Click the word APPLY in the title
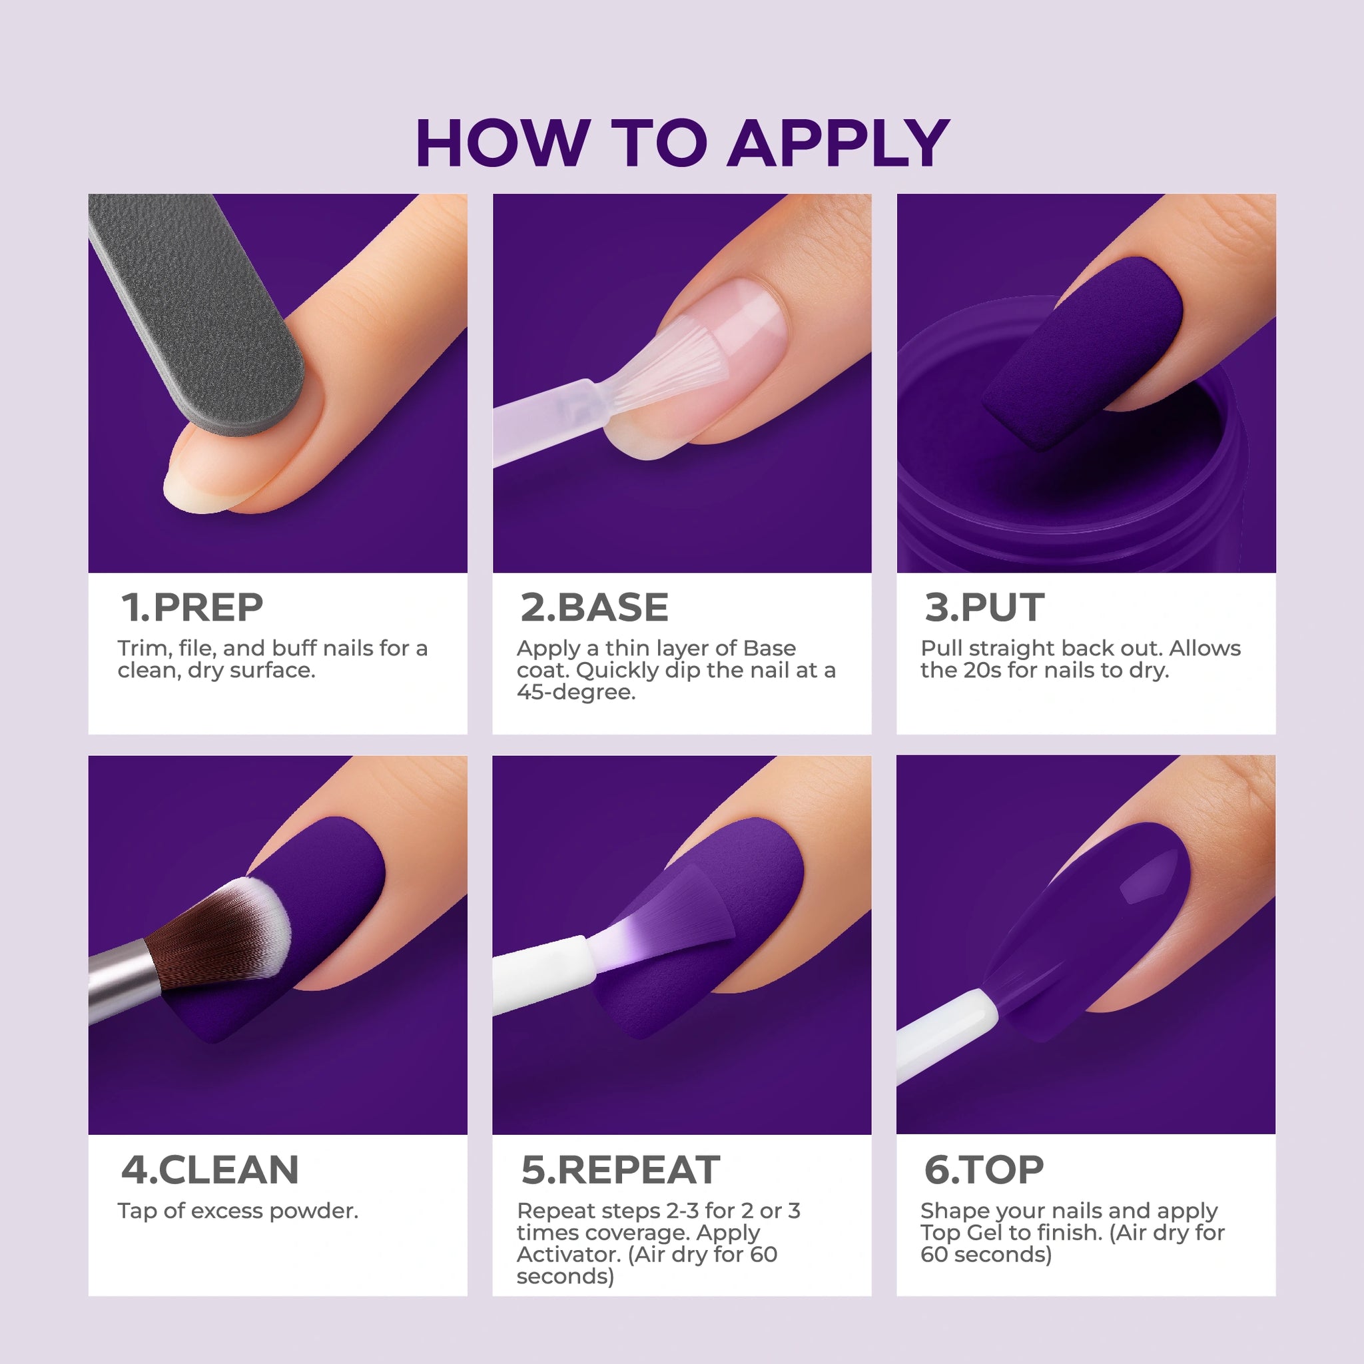click(838, 143)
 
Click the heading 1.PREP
click(192, 607)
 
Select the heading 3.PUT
click(984, 607)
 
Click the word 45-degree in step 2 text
click(576, 693)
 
